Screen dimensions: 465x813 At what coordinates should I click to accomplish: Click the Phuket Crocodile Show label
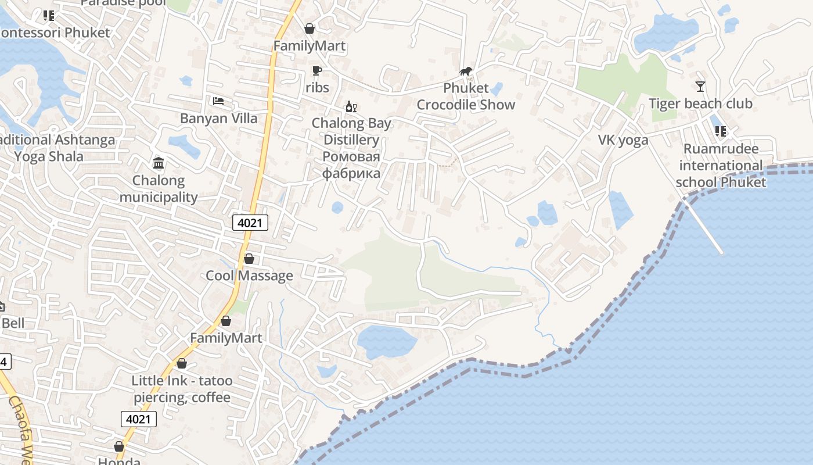point(466,96)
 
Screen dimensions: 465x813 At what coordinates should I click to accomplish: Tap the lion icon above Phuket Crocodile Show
point(466,71)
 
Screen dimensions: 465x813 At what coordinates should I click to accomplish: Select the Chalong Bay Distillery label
point(351,131)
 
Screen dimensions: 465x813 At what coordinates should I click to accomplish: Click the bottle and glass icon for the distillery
point(351,106)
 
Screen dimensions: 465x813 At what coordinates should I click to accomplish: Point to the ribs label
point(317,88)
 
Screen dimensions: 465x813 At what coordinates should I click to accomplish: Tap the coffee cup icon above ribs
point(316,71)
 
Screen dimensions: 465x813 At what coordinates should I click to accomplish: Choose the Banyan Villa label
point(218,119)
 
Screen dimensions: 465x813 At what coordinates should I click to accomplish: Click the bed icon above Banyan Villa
point(218,101)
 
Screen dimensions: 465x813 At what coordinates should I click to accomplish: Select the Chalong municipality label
point(159,189)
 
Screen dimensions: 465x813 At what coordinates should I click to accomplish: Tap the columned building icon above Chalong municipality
point(159,163)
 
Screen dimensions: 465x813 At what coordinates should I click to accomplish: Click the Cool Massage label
point(249,276)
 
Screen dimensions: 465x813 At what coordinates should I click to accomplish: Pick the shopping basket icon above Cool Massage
point(249,259)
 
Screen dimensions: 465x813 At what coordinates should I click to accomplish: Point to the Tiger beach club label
point(700,104)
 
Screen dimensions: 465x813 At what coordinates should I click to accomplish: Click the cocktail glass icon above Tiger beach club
point(700,87)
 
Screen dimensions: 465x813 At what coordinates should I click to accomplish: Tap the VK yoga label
point(623,140)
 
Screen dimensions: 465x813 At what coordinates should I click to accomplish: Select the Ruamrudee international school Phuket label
point(721,166)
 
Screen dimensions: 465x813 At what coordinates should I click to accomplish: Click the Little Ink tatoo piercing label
point(182,389)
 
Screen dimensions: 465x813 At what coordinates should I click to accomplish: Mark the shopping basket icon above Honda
point(119,446)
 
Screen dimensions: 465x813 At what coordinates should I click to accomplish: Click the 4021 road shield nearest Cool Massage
point(250,222)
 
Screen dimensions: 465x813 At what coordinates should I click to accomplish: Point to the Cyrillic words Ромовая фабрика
point(351,165)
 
